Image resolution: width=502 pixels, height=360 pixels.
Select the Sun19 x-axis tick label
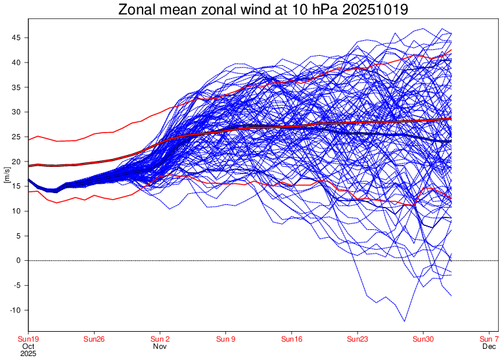coord(28,339)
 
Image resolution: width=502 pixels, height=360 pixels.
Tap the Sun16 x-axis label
coord(291,339)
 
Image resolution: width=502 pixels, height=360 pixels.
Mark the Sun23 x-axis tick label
coord(357,339)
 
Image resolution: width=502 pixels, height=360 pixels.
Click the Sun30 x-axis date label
coord(422,339)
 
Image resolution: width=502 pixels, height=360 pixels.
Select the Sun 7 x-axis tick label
coord(488,339)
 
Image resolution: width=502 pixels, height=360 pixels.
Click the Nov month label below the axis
coord(160,346)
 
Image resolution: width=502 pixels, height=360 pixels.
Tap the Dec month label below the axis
coord(488,346)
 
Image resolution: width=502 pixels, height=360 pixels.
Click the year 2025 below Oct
coord(28,353)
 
